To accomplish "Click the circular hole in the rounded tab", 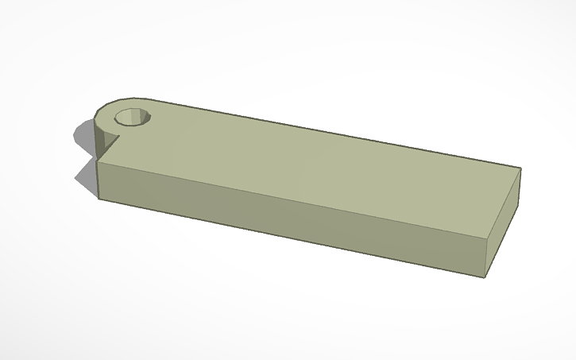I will [x=132, y=118].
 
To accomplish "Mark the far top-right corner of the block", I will [x=520, y=168].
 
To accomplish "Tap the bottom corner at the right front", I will [x=484, y=277].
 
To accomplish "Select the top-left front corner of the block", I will [x=98, y=162].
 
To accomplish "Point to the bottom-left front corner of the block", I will [x=99, y=197].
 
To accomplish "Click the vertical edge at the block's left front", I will [x=98, y=180].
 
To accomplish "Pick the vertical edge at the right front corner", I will [x=485, y=257].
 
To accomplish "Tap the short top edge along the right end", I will [x=504, y=202].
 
